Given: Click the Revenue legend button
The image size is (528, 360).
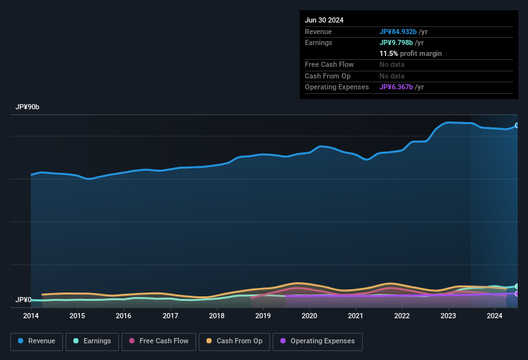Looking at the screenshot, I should coord(37,341).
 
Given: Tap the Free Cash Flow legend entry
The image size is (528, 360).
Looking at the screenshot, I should coord(159,341).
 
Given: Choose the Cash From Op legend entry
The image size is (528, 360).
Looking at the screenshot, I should coord(234,341).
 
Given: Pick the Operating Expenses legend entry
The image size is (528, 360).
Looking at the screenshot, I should coord(317,341).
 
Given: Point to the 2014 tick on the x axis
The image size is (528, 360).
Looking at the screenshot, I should coord(31,316).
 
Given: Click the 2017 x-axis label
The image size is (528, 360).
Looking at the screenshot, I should coord(170,316).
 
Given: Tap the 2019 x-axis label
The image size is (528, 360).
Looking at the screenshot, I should coord(263,316).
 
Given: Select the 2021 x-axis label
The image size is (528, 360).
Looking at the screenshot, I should coord(356,316).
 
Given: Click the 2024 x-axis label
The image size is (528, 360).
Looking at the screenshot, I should coord(495,316).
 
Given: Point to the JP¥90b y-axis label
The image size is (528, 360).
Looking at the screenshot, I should coord(28,107).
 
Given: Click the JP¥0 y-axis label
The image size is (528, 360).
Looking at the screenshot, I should coord(24,300).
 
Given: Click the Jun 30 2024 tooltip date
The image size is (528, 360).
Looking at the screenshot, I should coord(324,20).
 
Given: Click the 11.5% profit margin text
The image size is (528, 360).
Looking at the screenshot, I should coord(410,53).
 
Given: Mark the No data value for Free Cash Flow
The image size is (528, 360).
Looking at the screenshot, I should coord(392,64).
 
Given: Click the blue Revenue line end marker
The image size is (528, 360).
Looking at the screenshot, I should coord(517,125).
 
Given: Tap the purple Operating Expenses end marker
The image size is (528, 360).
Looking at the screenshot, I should coord(517,294).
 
